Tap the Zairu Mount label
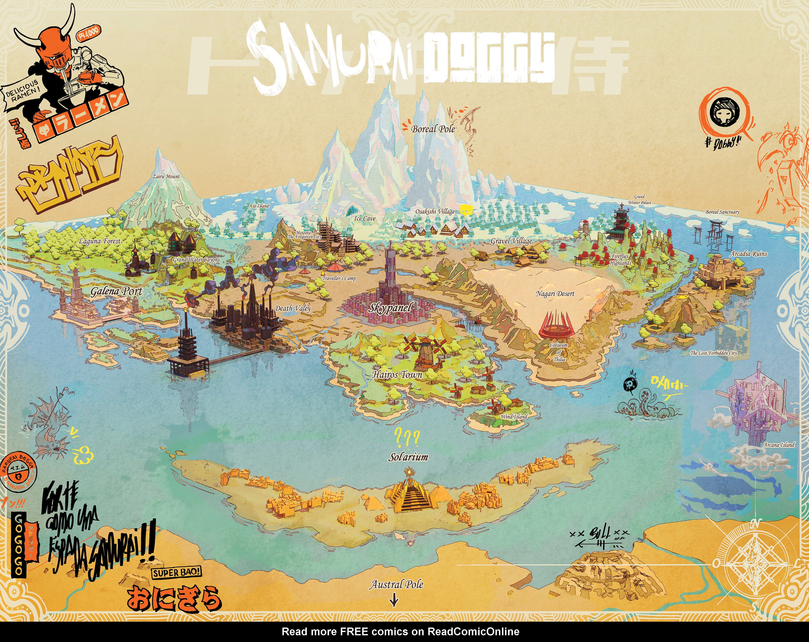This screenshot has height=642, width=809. [166, 176]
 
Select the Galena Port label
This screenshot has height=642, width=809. [116, 291]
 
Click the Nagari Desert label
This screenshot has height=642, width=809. [555, 294]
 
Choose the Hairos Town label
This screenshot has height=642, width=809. [397, 374]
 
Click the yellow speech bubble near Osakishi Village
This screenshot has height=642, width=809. [466, 210]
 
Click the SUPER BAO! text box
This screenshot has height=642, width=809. [176, 573]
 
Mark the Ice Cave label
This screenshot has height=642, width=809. [364, 219]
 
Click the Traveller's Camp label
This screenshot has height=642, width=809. [339, 278]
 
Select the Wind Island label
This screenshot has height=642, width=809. [514, 416]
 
